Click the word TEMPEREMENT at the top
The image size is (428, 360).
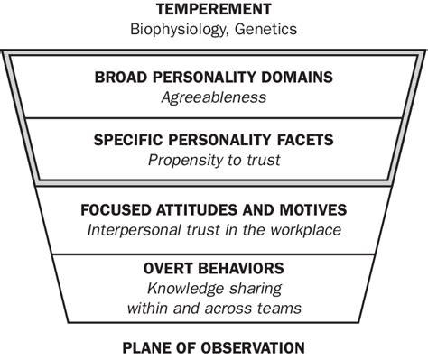coord(214,10)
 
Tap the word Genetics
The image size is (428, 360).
coord(268,29)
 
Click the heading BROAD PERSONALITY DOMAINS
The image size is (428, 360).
coord(214,77)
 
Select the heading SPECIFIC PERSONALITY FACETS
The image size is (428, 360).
coord(214,140)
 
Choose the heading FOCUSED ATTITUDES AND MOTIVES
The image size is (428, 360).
coord(214,211)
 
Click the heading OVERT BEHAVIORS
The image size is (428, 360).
coord(214,268)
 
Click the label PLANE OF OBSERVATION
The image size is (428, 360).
coord(214,347)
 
